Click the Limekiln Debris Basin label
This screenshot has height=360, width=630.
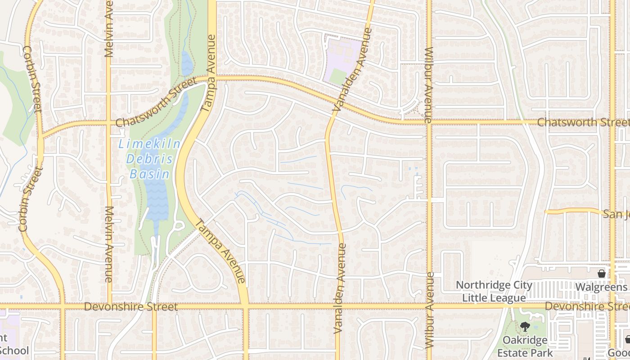(149, 159)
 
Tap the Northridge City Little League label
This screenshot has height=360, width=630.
(494, 291)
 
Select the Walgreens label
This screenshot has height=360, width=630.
(601, 287)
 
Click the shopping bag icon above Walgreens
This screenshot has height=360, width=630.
(601, 273)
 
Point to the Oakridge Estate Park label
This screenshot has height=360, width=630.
(525, 346)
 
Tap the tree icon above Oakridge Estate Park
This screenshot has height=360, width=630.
(524, 326)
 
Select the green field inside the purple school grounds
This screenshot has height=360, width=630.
(337, 76)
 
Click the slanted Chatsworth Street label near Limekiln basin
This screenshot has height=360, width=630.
(156, 103)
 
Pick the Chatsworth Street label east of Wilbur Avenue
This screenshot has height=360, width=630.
(583, 122)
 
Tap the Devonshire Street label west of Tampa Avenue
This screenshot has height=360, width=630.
(131, 307)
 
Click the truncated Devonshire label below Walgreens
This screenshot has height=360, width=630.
(587, 306)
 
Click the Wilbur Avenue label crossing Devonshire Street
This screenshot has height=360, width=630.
(429, 309)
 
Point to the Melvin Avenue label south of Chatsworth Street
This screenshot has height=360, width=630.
(108, 244)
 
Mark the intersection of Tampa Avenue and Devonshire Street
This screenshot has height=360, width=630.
(245, 306)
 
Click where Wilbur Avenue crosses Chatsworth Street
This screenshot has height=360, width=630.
(429, 122)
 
